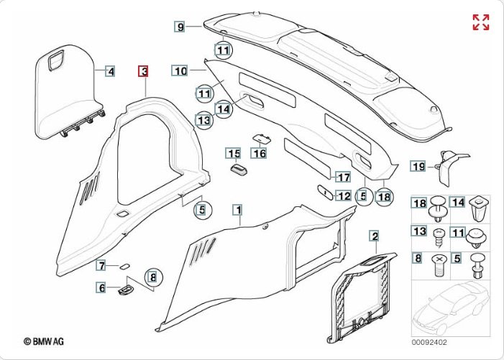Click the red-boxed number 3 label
[144, 71]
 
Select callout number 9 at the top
[180, 27]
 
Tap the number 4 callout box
[110, 71]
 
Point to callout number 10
[180, 70]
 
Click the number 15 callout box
[233, 153]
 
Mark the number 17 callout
[343, 177]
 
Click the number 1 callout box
[237, 210]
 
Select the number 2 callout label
[374, 236]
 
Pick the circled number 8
[152, 275]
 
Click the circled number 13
[204, 121]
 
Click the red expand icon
[480, 22]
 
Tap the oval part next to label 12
[324, 193]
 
